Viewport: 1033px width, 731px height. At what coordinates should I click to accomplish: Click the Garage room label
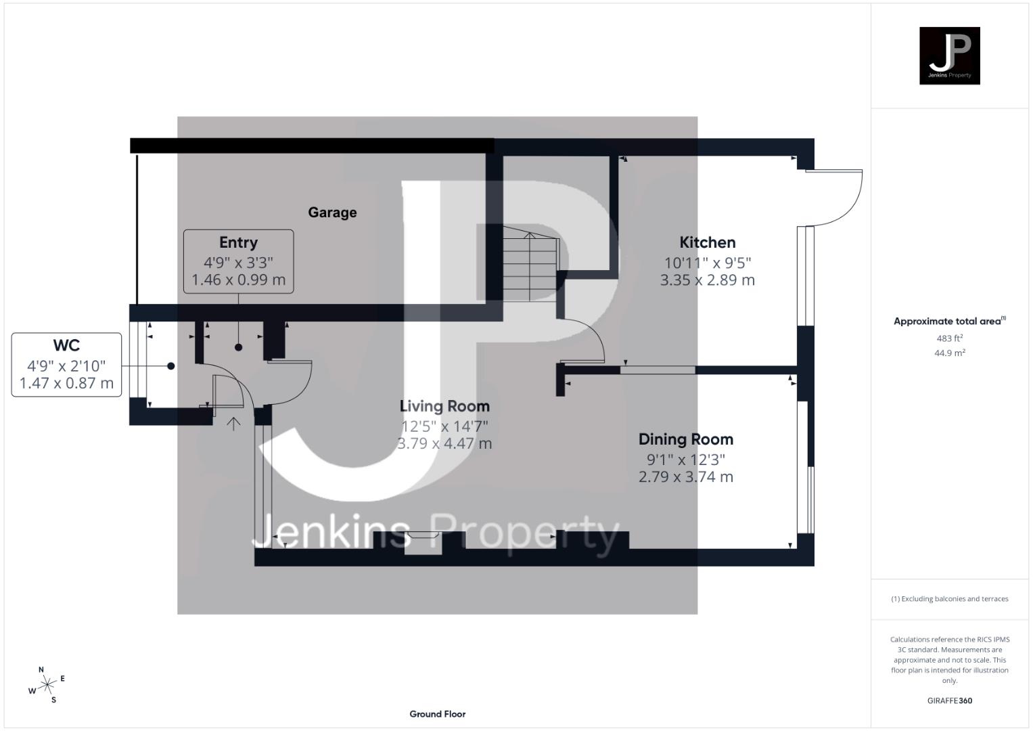click(x=332, y=213)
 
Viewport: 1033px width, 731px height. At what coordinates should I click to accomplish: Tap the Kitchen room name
click(x=707, y=242)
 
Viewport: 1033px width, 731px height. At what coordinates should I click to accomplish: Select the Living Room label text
click(x=444, y=406)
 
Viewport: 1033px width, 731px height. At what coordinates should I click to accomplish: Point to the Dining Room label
click(x=686, y=439)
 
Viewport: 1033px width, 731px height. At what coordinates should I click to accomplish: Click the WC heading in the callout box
click(x=66, y=345)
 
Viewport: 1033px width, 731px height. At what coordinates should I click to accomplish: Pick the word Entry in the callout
click(x=238, y=242)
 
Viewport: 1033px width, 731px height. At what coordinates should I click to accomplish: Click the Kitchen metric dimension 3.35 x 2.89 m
click(x=707, y=280)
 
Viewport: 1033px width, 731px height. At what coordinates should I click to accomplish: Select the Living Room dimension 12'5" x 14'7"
click(x=444, y=426)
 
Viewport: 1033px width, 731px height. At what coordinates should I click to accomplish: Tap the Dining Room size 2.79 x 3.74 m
click(x=686, y=477)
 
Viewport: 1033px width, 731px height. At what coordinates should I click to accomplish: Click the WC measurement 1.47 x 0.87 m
click(x=66, y=383)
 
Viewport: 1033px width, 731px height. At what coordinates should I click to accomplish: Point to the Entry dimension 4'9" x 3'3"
click(x=238, y=262)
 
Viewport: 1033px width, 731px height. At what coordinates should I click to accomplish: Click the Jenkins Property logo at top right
click(x=949, y=56)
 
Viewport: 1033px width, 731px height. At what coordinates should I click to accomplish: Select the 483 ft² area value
click(x=949, y=338)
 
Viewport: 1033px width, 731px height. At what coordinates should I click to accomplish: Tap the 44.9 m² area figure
click(x=949, y=353)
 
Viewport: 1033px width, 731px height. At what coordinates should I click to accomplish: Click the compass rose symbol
click(x=47, y=686)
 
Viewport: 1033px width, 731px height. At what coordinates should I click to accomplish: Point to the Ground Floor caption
click(x=438, y=713)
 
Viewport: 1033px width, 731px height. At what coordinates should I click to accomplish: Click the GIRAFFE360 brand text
click(x=949, y=701)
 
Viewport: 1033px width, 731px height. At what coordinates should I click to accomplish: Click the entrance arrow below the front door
click(x=233, y=424)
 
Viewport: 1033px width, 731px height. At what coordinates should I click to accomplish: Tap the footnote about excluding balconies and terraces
click(x=949, y=599)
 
